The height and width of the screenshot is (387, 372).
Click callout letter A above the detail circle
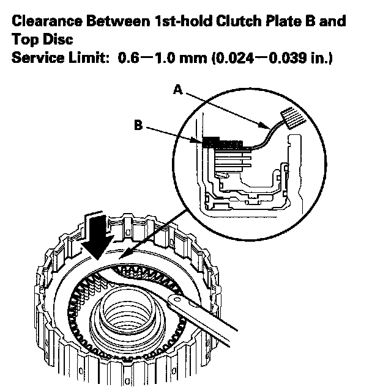coord(177,89)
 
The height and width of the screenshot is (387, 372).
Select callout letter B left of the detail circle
coord(139,126)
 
